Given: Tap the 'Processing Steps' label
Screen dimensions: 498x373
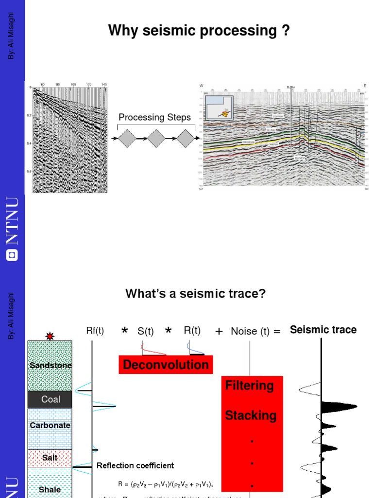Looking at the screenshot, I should click(x=155, y=117).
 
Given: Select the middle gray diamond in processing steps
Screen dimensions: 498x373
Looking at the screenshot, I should click(x=156, y=139).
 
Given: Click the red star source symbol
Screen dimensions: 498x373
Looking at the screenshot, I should click(x=50, y=336).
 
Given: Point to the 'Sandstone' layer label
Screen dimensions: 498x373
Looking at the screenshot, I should click(x=51, y=365).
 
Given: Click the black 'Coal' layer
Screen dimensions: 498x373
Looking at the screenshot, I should click(x=51, y=399).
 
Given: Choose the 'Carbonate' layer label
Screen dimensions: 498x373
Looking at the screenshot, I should click(x=50, y=425).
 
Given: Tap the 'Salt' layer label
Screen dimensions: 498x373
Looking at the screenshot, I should click(x=50, y=458).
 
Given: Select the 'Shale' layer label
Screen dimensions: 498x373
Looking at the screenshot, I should click(x=50, y=489).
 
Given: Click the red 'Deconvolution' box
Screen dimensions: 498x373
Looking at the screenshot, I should click(x=166, y=365).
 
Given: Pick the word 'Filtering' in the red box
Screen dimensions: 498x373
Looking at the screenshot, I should click(x=250, y=386).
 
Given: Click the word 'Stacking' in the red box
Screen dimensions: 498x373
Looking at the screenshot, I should click(x=251, y=415).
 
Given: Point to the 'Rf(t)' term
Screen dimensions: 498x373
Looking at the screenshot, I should click(x=95, y=331).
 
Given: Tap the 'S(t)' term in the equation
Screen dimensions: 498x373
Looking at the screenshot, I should click(x=145, y=331).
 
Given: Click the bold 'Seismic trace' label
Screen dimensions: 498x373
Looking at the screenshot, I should click(x=323, y=330).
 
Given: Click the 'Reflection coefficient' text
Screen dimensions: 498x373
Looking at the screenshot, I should click(x=135, y=465).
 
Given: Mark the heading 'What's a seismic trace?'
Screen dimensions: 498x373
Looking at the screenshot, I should click(x=196, y=294).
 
